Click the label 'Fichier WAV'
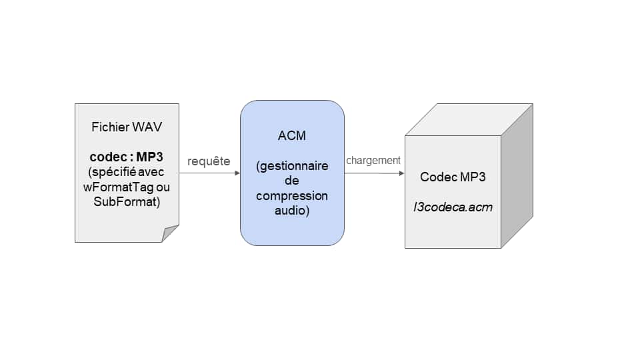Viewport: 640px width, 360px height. pyautogui.click(x=127, y=127)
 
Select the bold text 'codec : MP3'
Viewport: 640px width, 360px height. pyautogui.click(x=127, y=158)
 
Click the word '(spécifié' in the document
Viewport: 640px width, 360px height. pyautogui.click(x=111, y=173)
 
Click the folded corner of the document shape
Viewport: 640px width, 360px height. pyautogui.click(x=171, y=233)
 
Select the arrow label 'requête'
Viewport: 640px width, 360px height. pyautogui.click(x=209, y=161)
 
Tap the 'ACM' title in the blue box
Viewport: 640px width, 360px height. pyautogui.click(x=292, y=136)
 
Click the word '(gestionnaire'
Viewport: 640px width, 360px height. pyautogui.click(x=292, y=166)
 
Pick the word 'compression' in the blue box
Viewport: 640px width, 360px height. pyautogui.click(x=292, y=196)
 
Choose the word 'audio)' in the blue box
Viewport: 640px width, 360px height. pyautogui.click(x=292, y=211)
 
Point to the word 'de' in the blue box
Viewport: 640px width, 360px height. pyautogui.click(x=292, y=181)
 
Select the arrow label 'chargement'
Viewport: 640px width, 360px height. pyautogui.click(x=373, y=161)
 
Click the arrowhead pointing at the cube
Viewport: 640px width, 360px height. pyautogui.click(x=401, y=173)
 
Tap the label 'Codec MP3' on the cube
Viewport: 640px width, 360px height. pyautogui.click(x=453, y=177)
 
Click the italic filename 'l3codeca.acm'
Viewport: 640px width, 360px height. pyautogui.click(x=453, y=207)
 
